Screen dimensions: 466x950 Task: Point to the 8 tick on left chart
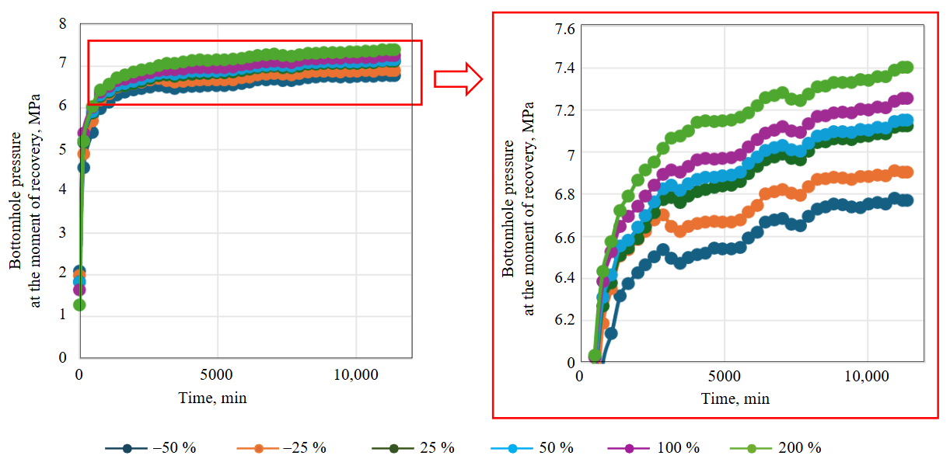(63, 23)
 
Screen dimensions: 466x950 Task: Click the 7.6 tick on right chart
(564, 30)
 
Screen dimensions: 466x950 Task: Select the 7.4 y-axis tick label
(564, 68)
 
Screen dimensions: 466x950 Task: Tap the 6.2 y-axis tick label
(564, 320)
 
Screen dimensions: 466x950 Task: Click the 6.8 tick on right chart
(564, 194)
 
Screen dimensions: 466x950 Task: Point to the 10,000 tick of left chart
(355, 375)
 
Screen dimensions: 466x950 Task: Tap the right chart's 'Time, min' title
(735, 399)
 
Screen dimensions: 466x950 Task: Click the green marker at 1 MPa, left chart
(79, 304)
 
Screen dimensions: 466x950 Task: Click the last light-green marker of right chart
(905, 67)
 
